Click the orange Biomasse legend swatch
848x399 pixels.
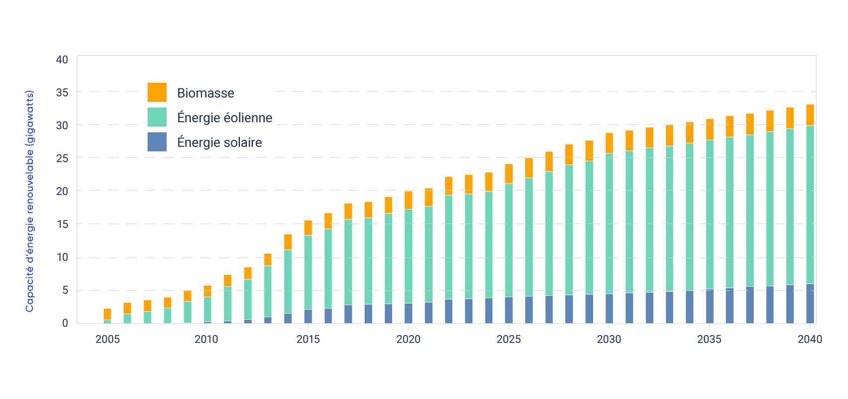point(157,92)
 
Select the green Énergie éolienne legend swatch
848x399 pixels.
point(157,117)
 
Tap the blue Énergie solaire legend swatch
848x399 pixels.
point(157,142)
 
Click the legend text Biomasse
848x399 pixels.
point(206,93)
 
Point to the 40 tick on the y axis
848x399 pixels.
point(62,60)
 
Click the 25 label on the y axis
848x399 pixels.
point(62,158)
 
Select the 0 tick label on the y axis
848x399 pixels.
point(65,323)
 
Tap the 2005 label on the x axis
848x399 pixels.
point(108,340)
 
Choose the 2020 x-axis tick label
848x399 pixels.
point(409,340)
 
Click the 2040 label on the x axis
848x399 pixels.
point(810,340)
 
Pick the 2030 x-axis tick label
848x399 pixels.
point(609,340)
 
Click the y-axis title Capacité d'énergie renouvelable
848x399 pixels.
point(30,201)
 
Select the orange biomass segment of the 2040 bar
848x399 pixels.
point(810,115)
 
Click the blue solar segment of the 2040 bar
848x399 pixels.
point(810,303)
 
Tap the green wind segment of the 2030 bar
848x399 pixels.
point(610,223)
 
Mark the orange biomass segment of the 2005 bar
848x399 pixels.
point(107,314)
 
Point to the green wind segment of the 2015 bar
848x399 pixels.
point(308,272)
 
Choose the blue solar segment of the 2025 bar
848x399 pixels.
point(509,310)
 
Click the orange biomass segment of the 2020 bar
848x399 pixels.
point(409,200)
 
